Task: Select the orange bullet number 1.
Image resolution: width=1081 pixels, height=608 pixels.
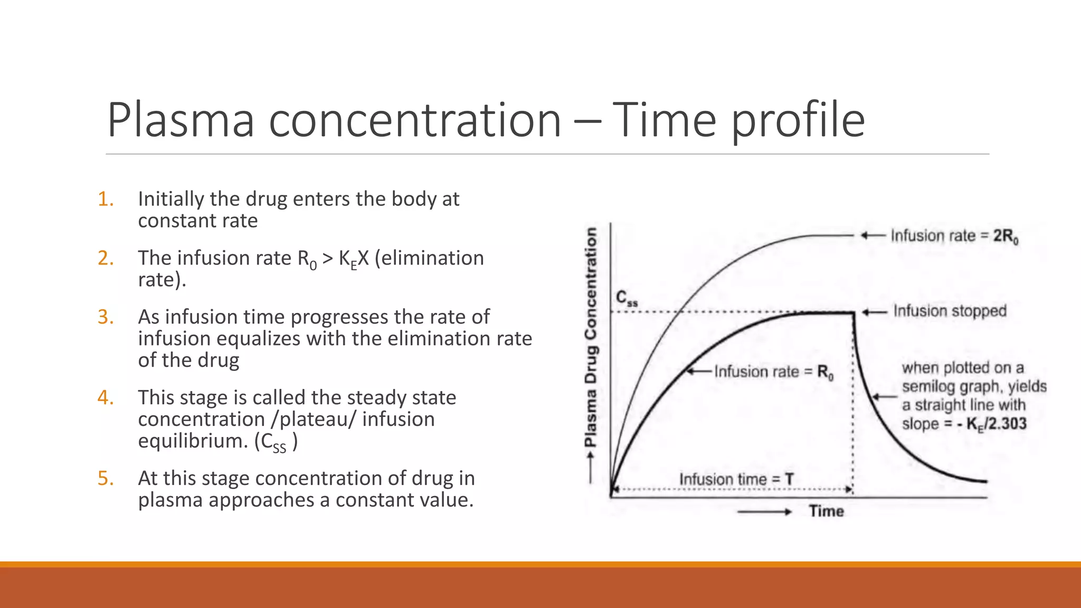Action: [106, 199]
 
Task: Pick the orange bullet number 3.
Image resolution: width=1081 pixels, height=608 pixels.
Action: [106, 317]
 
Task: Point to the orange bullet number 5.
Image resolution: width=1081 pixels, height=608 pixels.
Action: [106, 478]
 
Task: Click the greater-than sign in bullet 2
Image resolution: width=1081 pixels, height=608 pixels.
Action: [327, 259]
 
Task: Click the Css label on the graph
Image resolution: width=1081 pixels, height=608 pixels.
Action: [627, 299]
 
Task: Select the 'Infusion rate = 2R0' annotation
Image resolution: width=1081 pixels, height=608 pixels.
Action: [954, 236]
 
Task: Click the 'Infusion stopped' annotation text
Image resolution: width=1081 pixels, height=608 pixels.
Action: [950, 311]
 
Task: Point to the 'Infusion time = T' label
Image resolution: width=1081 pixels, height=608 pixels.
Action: [736, 479]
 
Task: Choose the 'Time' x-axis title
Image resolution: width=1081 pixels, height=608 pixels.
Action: [826, 511]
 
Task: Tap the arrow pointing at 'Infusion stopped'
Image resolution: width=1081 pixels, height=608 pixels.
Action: [875, 312]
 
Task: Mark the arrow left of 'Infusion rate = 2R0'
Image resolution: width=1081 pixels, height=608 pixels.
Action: [873, 235]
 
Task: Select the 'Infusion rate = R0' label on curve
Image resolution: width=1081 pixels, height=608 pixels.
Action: [773, 372]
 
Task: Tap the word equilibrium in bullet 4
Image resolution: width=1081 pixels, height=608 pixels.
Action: [193, 441]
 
